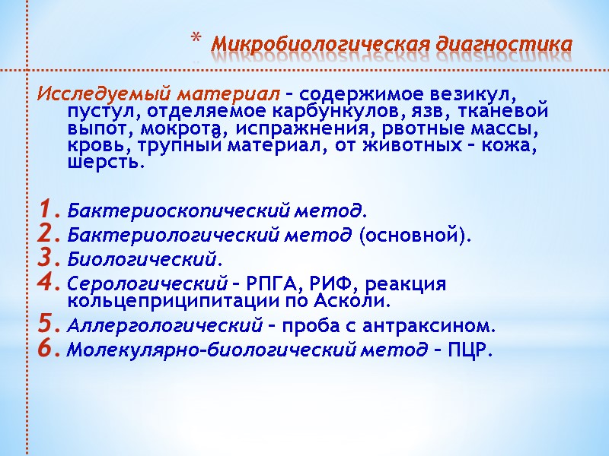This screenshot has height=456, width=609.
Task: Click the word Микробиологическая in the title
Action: (320, 44)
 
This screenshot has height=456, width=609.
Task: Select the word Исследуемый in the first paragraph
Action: (103, 95)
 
